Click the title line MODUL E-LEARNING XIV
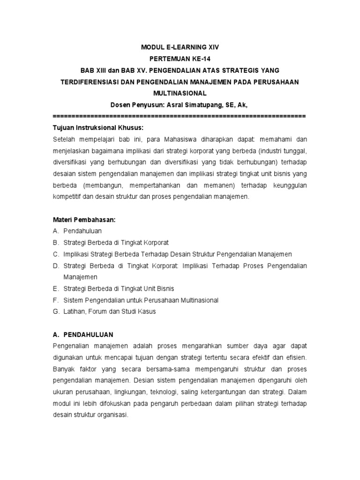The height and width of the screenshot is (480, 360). pyautogui.click(x=180, y=47)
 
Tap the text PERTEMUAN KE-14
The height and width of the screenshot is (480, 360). pyautogui.click(x=180, y=59)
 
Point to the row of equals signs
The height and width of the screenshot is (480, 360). pyautogui.click(x=180, y=115)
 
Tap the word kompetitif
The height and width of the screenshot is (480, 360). pyautogui.click(x=68, y=197)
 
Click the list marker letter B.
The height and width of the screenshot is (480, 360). pyautogui.click(x=55, y=243)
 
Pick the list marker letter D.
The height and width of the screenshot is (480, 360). pyautogui.click(x=55, y=266)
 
